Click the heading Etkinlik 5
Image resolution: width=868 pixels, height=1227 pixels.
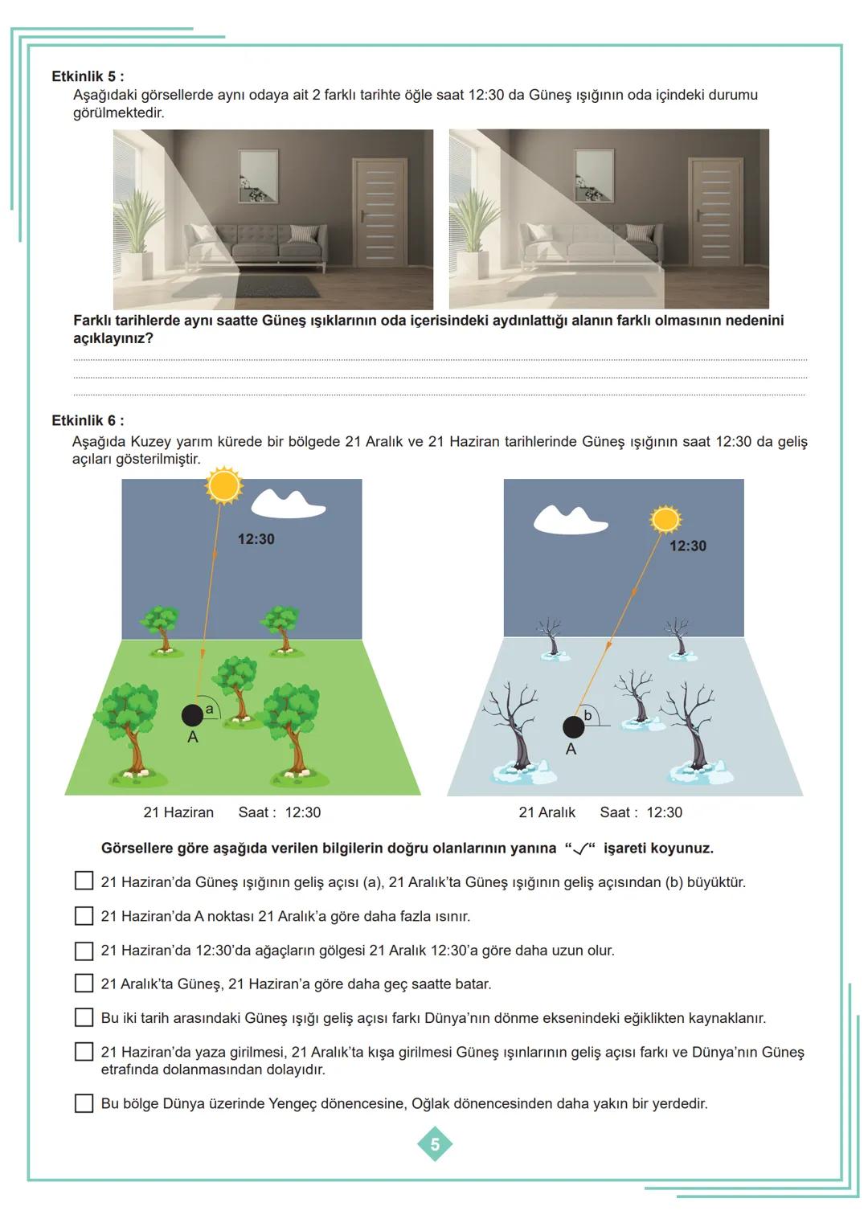(88, 76)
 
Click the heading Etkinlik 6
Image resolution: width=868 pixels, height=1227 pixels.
(88, 420)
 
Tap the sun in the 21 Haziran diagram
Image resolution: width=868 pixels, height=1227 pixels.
(223, 486)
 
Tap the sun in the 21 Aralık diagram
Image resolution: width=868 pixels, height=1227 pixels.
(665, 520)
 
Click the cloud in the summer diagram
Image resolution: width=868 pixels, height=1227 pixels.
(288, 504)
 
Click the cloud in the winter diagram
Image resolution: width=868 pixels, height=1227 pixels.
(569, 521)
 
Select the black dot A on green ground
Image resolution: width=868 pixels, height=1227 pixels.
(192, 714)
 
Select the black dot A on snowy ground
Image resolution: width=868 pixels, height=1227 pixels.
(573, 726)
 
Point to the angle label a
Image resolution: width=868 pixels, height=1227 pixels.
(210, 709)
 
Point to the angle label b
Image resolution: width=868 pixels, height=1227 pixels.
(588, 715)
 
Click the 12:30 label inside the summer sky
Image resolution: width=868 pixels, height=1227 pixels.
(256, 539)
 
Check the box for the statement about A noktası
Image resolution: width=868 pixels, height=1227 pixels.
(84, 916)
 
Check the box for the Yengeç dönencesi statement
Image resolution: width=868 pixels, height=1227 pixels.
(84, 1103)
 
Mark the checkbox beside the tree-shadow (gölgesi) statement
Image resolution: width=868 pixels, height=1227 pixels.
(84, 951)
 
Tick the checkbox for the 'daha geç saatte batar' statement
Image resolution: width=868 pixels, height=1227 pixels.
(84, 984)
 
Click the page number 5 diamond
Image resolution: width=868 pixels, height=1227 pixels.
(435, 1144)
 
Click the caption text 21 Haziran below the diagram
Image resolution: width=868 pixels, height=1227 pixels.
(178, 812)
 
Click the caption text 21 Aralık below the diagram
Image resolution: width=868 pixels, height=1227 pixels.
(547, 812)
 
